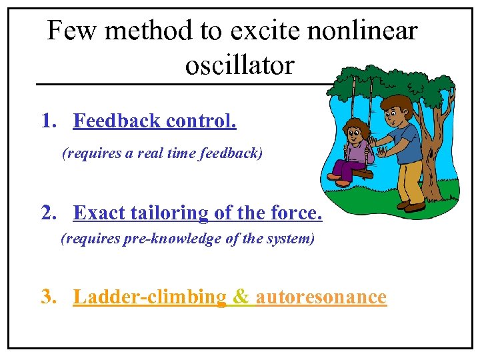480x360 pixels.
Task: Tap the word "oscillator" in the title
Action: (239, 65)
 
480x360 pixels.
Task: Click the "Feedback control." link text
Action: (155, 121)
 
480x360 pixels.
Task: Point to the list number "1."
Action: (49, 121)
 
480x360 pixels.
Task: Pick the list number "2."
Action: (49, 213)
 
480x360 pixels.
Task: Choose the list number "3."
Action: (49, 296)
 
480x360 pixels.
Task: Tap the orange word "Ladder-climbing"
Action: (150, 297)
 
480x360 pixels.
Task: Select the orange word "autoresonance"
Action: (321, 297)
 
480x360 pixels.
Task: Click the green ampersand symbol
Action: (241, 297)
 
